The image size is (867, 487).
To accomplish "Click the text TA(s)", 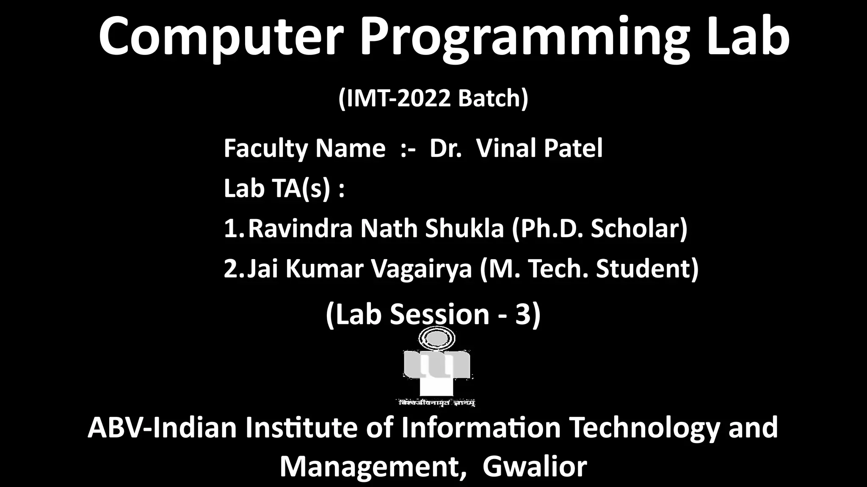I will [301, 189].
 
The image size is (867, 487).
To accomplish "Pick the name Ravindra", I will [300, 229].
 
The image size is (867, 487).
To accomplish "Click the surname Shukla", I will [464, 229].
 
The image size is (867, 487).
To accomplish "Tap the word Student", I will [647, 269].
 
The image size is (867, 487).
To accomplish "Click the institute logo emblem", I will [436, 364].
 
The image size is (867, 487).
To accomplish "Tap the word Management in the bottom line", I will [370, 467].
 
